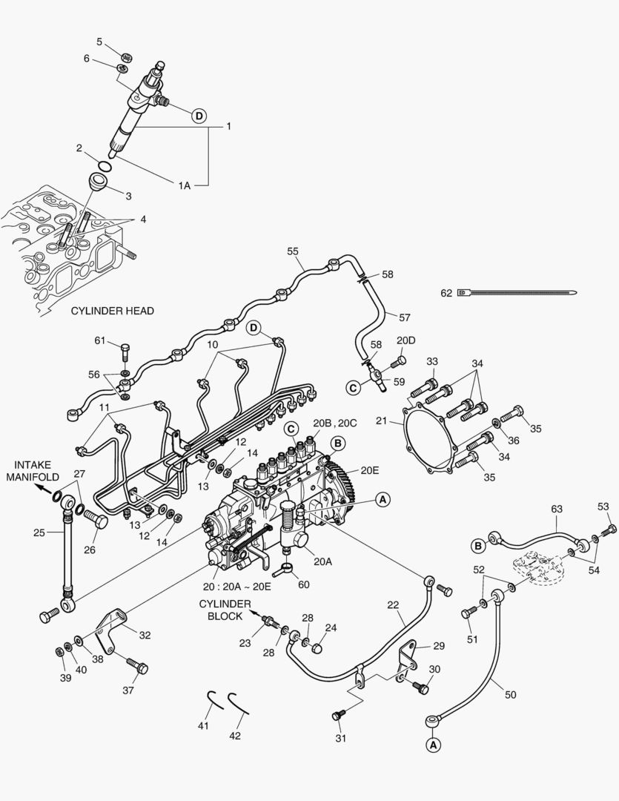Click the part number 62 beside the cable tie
pyautogui.click(x=446, y=293)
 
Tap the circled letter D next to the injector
pyautogui.click(x=199, y=115)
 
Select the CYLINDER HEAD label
pyautogui.click(x=113, y=311)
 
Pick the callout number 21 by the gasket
pyautogui.click(x=382, y=421)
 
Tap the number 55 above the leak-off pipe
pyautogui.click(x=294, y=252)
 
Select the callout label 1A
pyautogui.click(x=183, y=185)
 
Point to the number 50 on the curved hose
pyautogui.click(x=511, y=695)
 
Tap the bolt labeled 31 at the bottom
pyautogui.click(x=338, y=713)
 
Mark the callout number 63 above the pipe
pyautogui.click(x=557, y=509)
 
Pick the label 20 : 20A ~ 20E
pyautogui.click(x=241, y=587)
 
